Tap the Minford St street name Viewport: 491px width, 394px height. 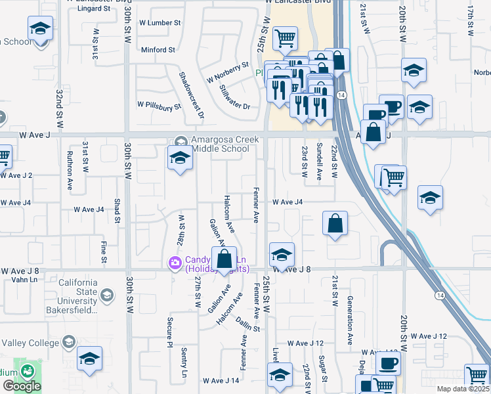[158, 49]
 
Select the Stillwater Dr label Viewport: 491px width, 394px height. [235, 97]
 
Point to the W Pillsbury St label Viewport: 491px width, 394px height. [158, 104]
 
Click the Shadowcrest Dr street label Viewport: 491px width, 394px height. [192, 96]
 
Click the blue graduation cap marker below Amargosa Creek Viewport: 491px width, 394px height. [180, 158]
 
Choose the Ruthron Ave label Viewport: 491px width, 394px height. [70, 172]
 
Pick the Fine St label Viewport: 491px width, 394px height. [104, 252]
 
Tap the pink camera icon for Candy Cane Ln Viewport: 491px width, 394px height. [175, 263]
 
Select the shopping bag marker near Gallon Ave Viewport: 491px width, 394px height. [224, 258]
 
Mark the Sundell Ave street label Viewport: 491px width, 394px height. [320, 161]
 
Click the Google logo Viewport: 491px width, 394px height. [22, 386]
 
